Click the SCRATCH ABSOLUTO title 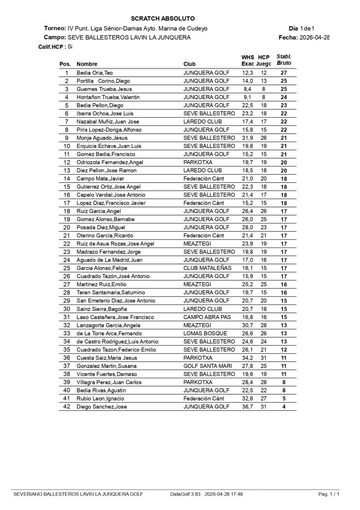[163, 18]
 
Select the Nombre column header [87, 64]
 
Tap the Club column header [189, 64]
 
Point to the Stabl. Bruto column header [284, 59]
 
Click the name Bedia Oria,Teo [95, 73]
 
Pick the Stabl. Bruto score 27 [284, 73]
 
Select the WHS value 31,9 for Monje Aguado [247, 138]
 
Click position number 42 [67, 406]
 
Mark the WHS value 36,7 [247, 406]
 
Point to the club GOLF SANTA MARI [206, 365]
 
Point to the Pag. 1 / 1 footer [329, 494]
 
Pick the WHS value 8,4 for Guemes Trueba [247, 89]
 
